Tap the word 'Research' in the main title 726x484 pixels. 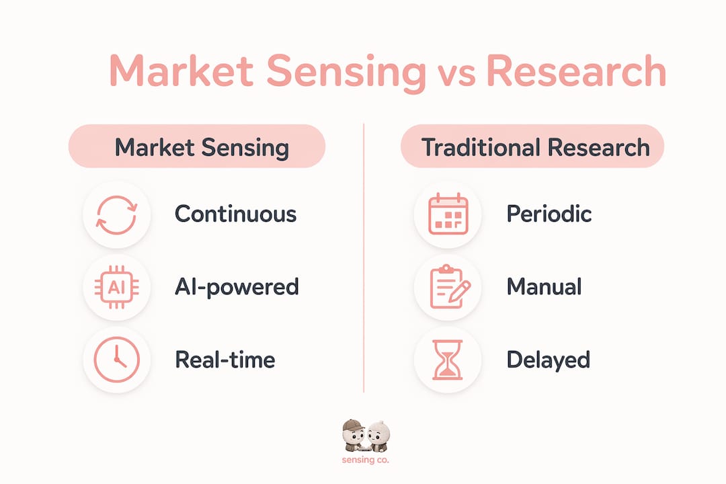pos(576,71)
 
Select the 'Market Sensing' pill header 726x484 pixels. pos(197,147)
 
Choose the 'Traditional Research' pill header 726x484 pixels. pos(532,147)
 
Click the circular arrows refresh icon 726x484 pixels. pos(97,215)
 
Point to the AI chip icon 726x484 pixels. pos(117,287)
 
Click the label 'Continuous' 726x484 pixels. pos(236,214)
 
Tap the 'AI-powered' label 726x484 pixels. pos(237,287)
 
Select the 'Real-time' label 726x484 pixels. pos(225,360)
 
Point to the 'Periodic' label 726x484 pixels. pos(549,214)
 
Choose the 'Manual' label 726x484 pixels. pos(544,286)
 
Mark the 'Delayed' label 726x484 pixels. pos(549,360)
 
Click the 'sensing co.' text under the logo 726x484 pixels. pos(365,460)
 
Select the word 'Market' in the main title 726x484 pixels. pos(181,71)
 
